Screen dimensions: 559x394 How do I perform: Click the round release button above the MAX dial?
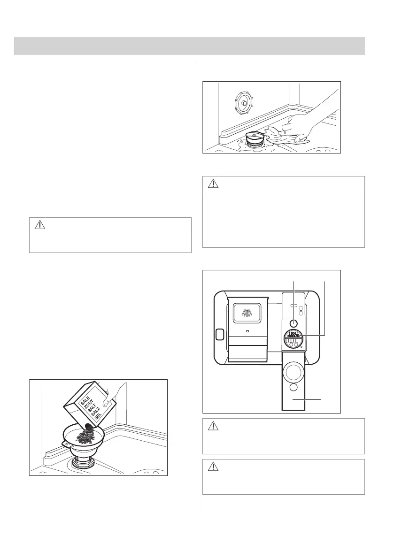[293, 323]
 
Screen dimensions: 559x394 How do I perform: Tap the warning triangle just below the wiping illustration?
[214, 184]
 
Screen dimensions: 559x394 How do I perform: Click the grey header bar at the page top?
[189, 46]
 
